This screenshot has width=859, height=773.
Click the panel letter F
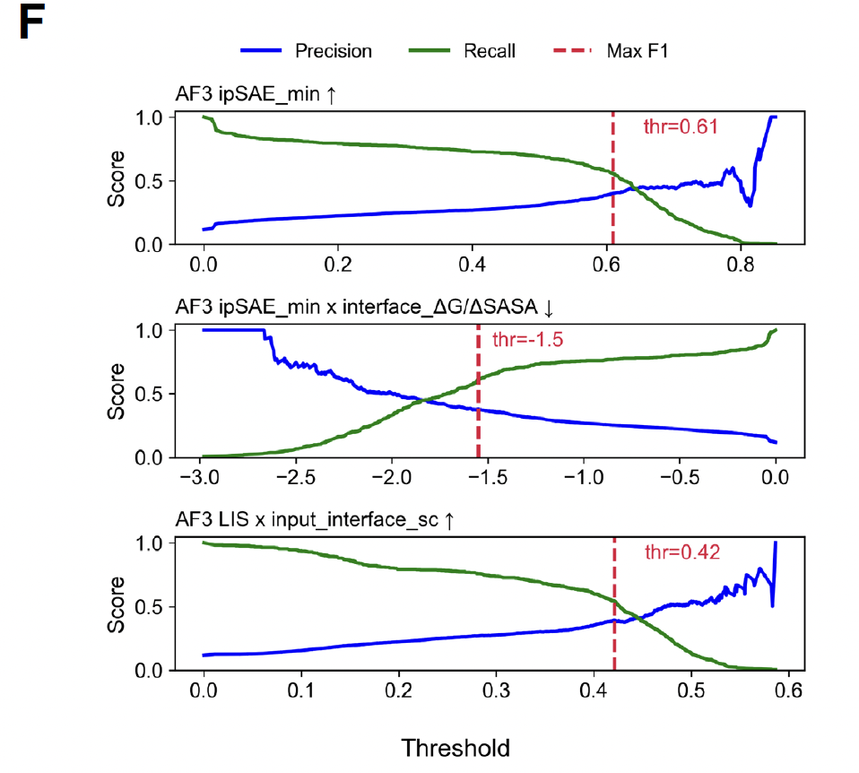[31, 25]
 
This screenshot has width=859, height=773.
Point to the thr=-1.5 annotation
[527, 340]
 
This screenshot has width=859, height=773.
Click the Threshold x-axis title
[456, 747]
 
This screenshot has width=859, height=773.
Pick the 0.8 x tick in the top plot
[740, 267]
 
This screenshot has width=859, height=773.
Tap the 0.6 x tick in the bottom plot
[787, 692]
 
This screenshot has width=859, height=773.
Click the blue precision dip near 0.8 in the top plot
[750, 205]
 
